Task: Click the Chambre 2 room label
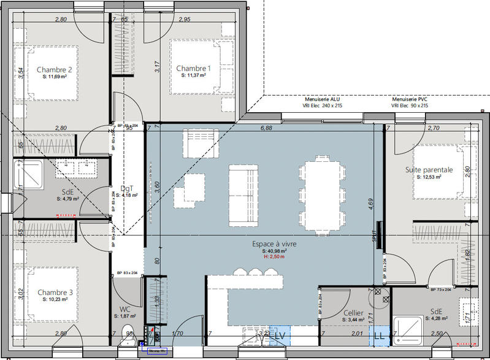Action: pos(55,70)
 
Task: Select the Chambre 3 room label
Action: pos(55,293)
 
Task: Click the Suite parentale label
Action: pos(429,169)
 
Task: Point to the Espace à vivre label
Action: pos(274,243)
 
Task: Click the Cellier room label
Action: pos(353,313)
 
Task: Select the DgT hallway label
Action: pos(128,189)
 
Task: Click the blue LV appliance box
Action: pos(280,335)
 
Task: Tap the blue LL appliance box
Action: pos(378,335)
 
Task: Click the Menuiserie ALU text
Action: pos(323,99)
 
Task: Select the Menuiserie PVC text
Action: pos(410,99)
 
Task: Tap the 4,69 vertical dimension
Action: pos(370,204)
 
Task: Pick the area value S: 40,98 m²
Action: pos(274,251)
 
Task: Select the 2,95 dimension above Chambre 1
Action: pos(184,20)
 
